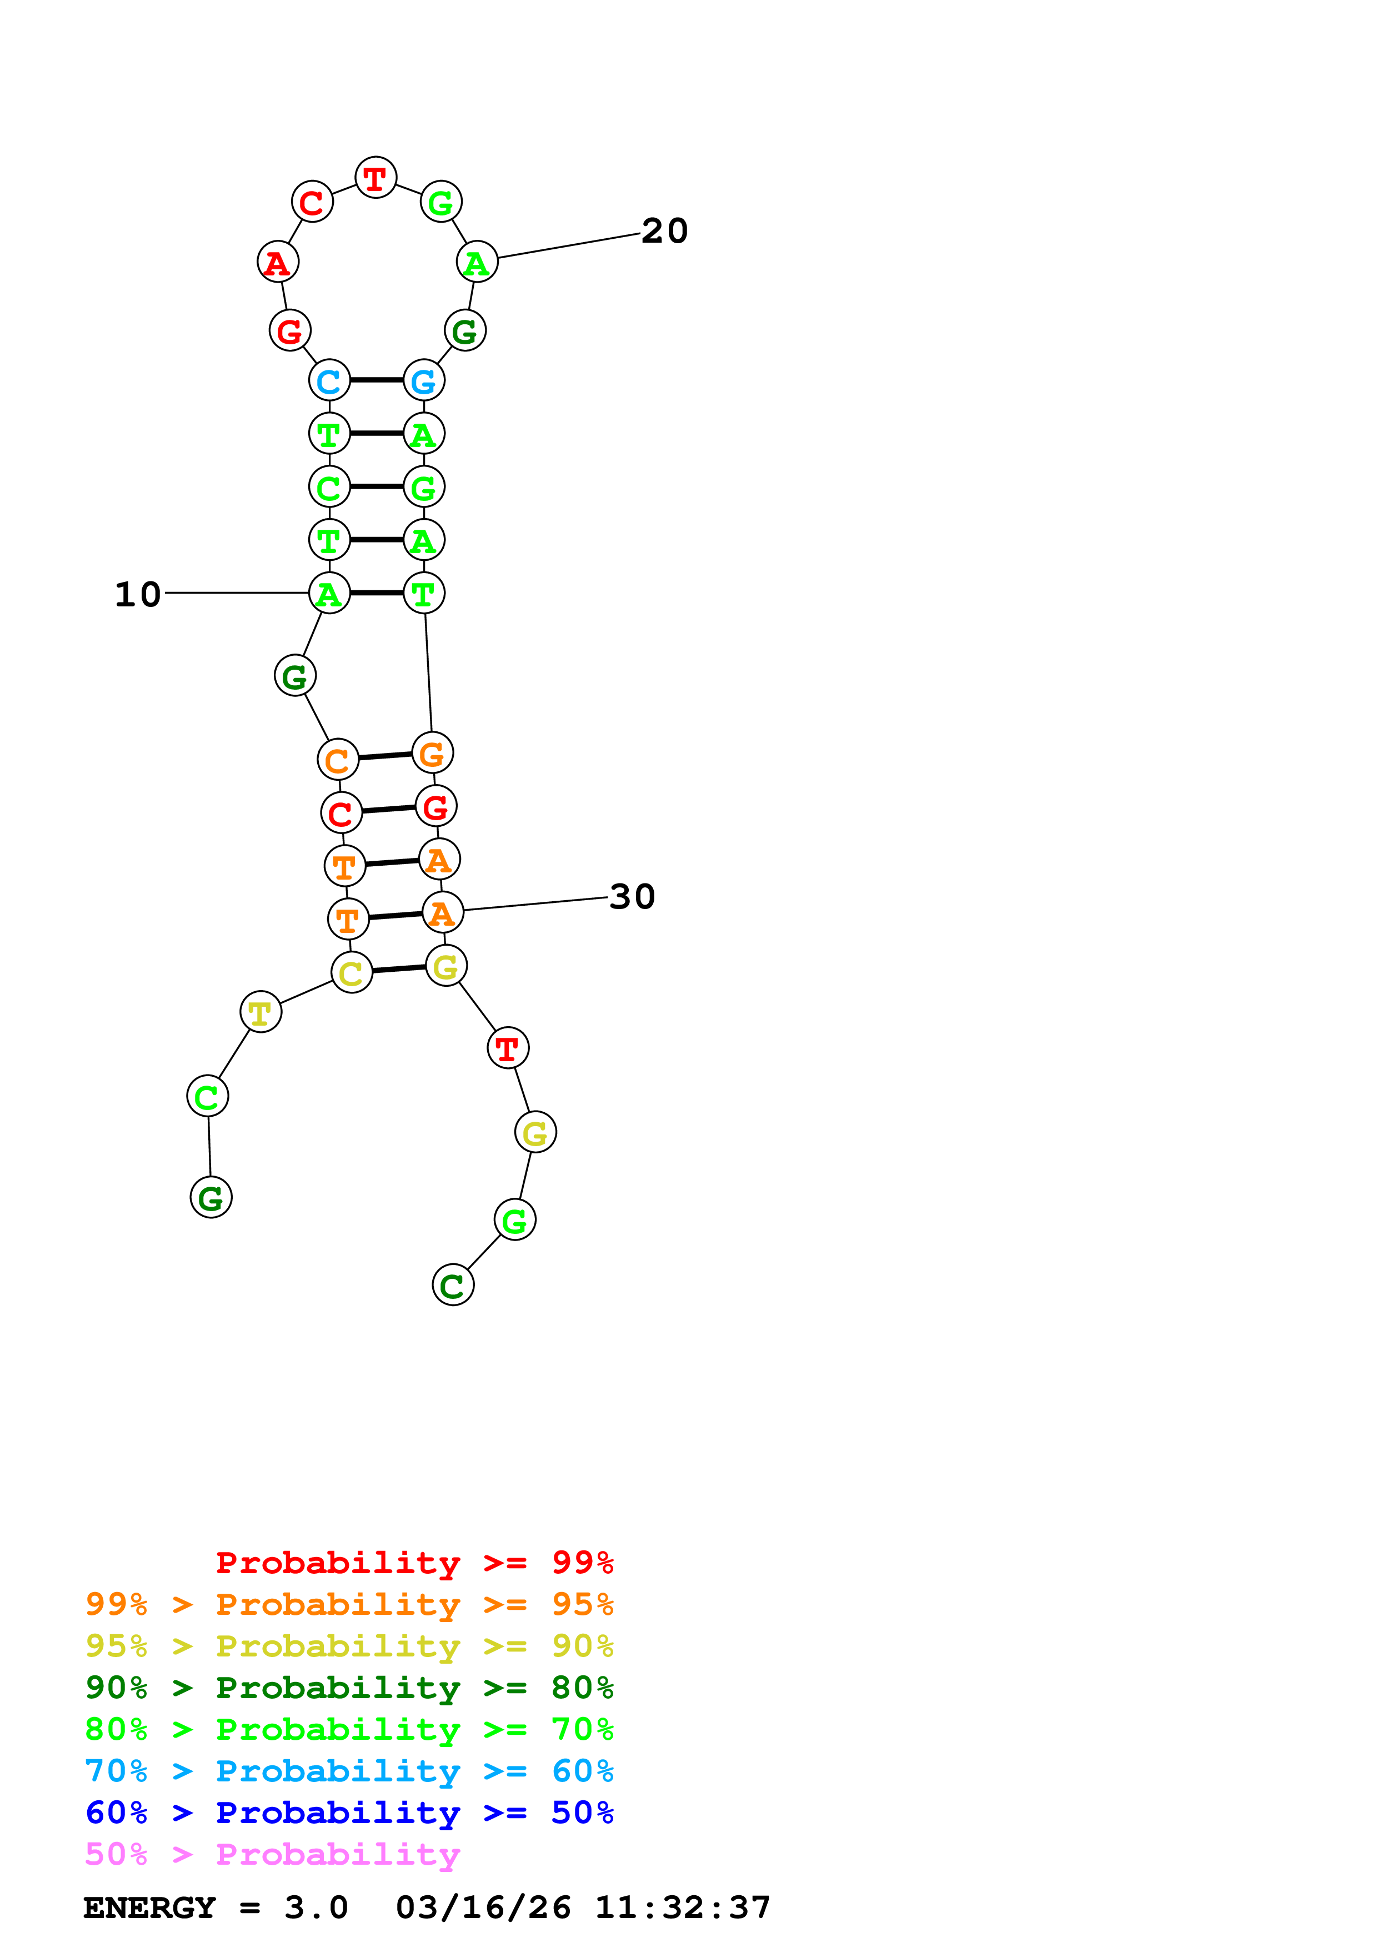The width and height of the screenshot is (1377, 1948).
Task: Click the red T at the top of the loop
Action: (x=375, y=178)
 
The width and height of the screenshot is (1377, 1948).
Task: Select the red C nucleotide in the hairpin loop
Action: (x=312, y=202)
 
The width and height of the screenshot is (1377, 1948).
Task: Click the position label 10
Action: (x=137, y=594)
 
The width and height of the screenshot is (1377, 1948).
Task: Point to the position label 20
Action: (x=664, y=231)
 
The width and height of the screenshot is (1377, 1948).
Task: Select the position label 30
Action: (x=632, y=897)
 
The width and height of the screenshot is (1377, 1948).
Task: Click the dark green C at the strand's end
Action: (x=453, y=1286)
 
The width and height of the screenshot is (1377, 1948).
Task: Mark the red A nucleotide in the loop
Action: (x=277, y=263)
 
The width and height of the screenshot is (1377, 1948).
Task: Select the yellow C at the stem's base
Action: (x=351, y=972)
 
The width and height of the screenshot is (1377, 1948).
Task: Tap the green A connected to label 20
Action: (x=477, y=263)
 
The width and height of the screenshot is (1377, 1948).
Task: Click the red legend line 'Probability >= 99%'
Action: (x=414, y=1562)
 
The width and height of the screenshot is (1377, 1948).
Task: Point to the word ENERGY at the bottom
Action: (x=149, y=1907)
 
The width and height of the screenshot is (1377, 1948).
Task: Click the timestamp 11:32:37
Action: (x=682, y=1907)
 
